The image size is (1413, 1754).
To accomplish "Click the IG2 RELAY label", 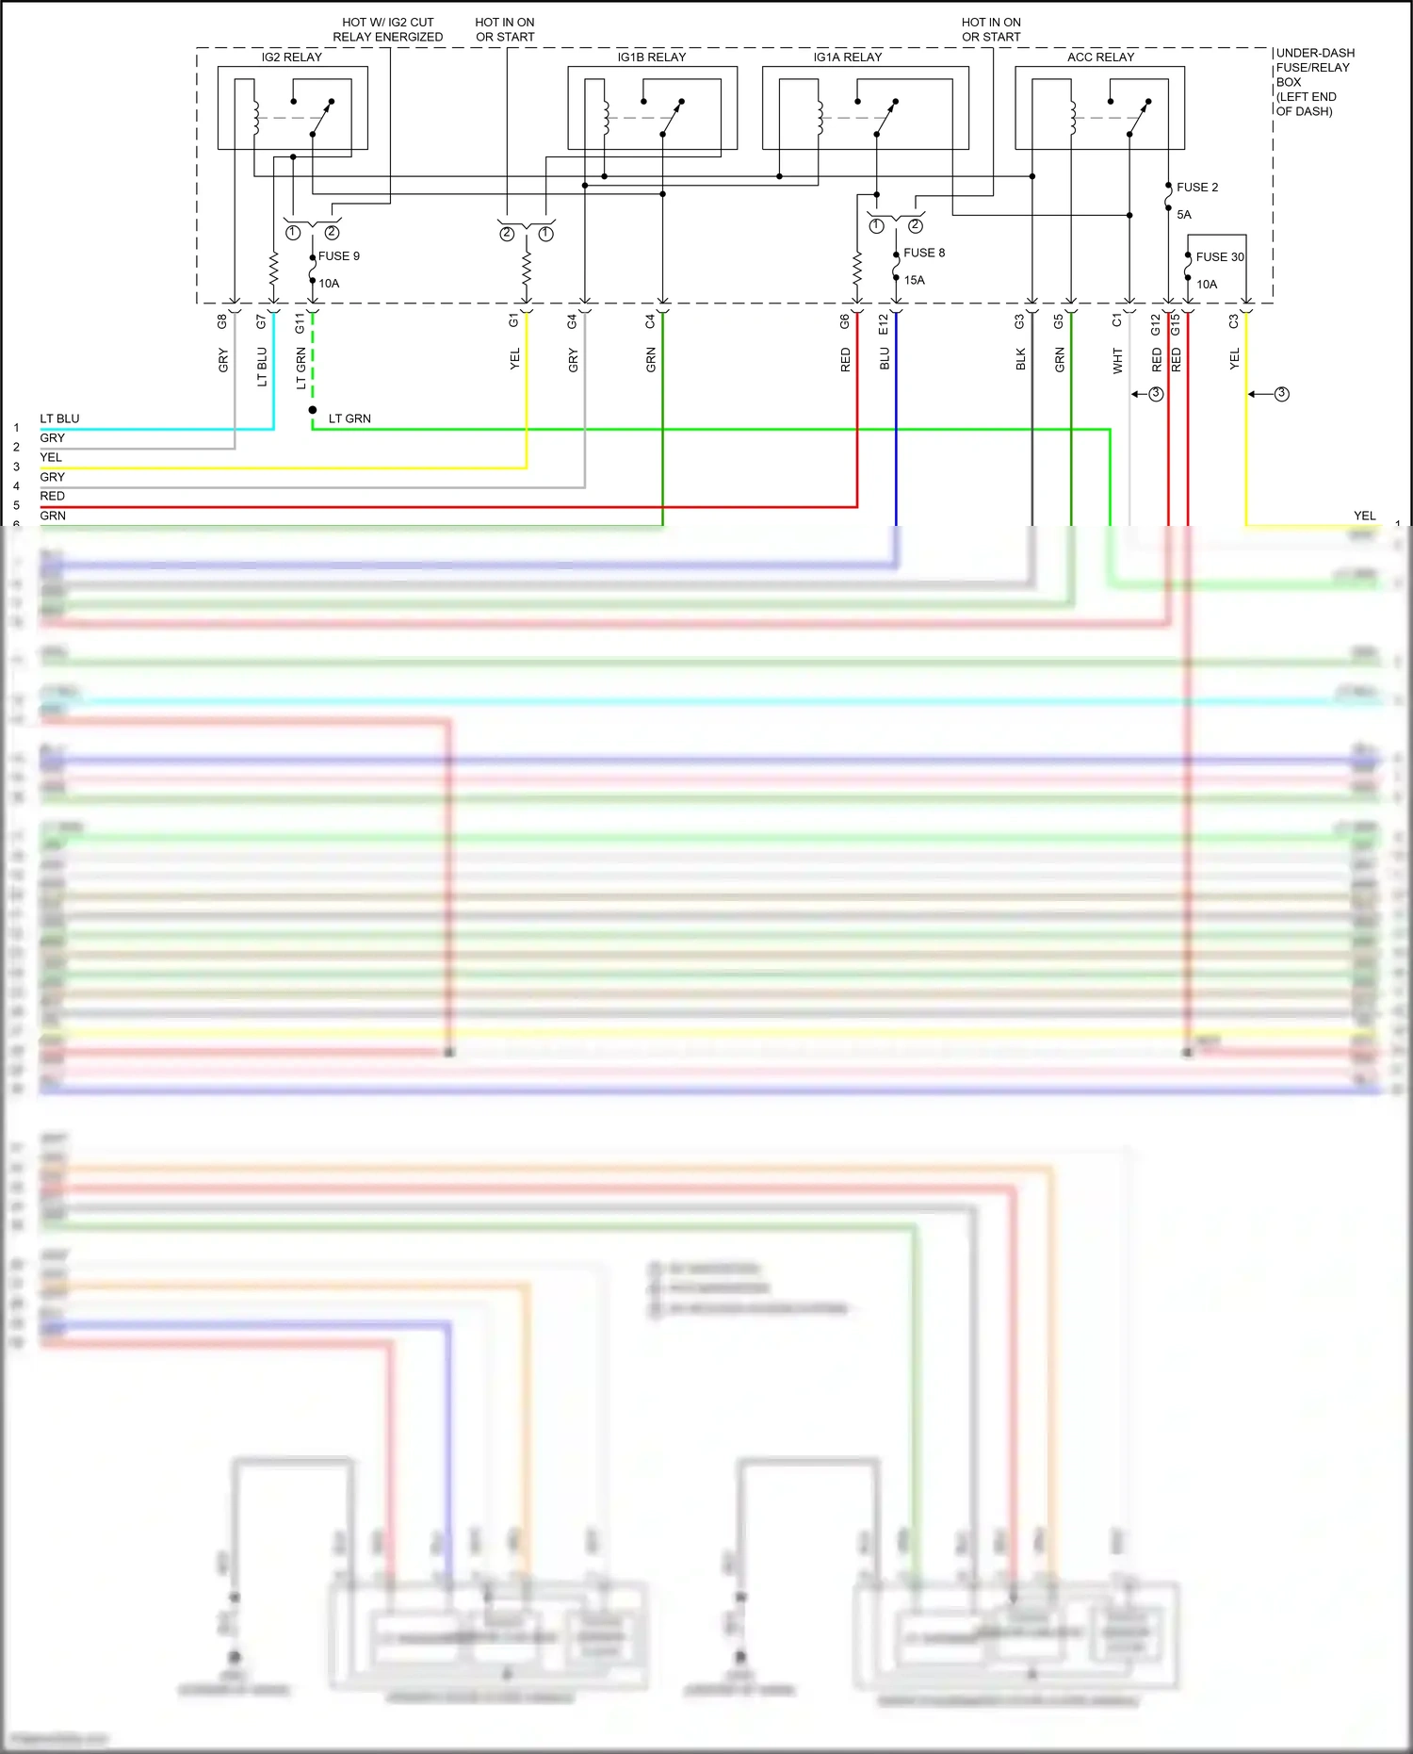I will pyautogui.click(x=291, y=57).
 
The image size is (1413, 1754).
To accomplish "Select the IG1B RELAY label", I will pyautogui.click(x=651, y=57).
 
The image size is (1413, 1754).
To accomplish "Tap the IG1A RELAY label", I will pyautogui.click(x=847, y=57).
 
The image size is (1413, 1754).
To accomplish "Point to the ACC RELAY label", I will pyautogui.click(x=1100, y=57).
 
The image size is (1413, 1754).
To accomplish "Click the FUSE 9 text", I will pyautogui.click(x=338, y=256).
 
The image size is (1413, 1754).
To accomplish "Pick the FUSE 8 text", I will pyautogui.click(x=923, y=253).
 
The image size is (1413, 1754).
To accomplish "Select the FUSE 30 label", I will pyautogui.click(x=1219, y=257).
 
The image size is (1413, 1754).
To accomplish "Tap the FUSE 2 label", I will pyautogui.click(x=1196, y=188).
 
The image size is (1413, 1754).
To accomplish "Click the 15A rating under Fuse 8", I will pyautogui.click(x=914, y=280).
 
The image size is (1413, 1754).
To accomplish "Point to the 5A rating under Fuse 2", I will pyautogui.click(x=1183, y=215).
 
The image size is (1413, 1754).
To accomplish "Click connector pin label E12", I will pyautogui.click(x=884, y=324).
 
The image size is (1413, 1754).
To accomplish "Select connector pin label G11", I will pyautogui.click(x=300, y=323).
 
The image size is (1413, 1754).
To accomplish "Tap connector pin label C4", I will pyautogui.click(x=650, y=322).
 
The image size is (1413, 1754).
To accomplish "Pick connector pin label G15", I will pyautogui.click(x=1176, y=324).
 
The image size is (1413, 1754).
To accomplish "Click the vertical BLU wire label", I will pyautogui.click(x=885, y=359).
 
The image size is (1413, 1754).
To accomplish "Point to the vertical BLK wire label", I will pyautogui.click(x=1020, y=359).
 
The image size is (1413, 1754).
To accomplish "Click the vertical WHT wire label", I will pyautogui.click(x=1117, y=360).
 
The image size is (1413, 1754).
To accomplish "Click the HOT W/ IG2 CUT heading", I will pyautogui.click(x=387, y=23).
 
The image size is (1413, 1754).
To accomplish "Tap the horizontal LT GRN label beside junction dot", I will pyautogui.click(x=349, y=418).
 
